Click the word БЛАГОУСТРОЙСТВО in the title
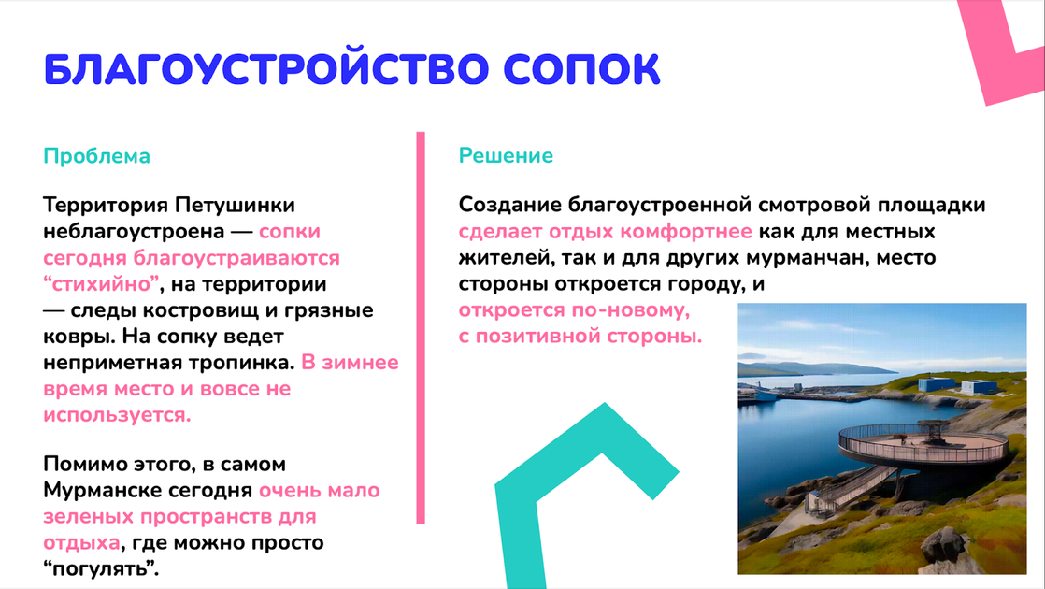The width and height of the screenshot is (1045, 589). coord(266,68)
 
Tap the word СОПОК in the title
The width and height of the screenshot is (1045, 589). coord(581,68)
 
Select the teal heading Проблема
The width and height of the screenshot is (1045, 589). coord(96,156)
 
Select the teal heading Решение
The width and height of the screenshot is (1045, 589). coord(506,155)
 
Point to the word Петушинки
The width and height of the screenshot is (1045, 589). coord(236,206)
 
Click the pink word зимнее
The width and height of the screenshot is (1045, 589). coord(360,363)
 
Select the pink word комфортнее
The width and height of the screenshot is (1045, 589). coord(686,231)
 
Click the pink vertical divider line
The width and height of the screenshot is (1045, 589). coord(421,328)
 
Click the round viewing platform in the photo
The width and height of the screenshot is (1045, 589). coord(923,443)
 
